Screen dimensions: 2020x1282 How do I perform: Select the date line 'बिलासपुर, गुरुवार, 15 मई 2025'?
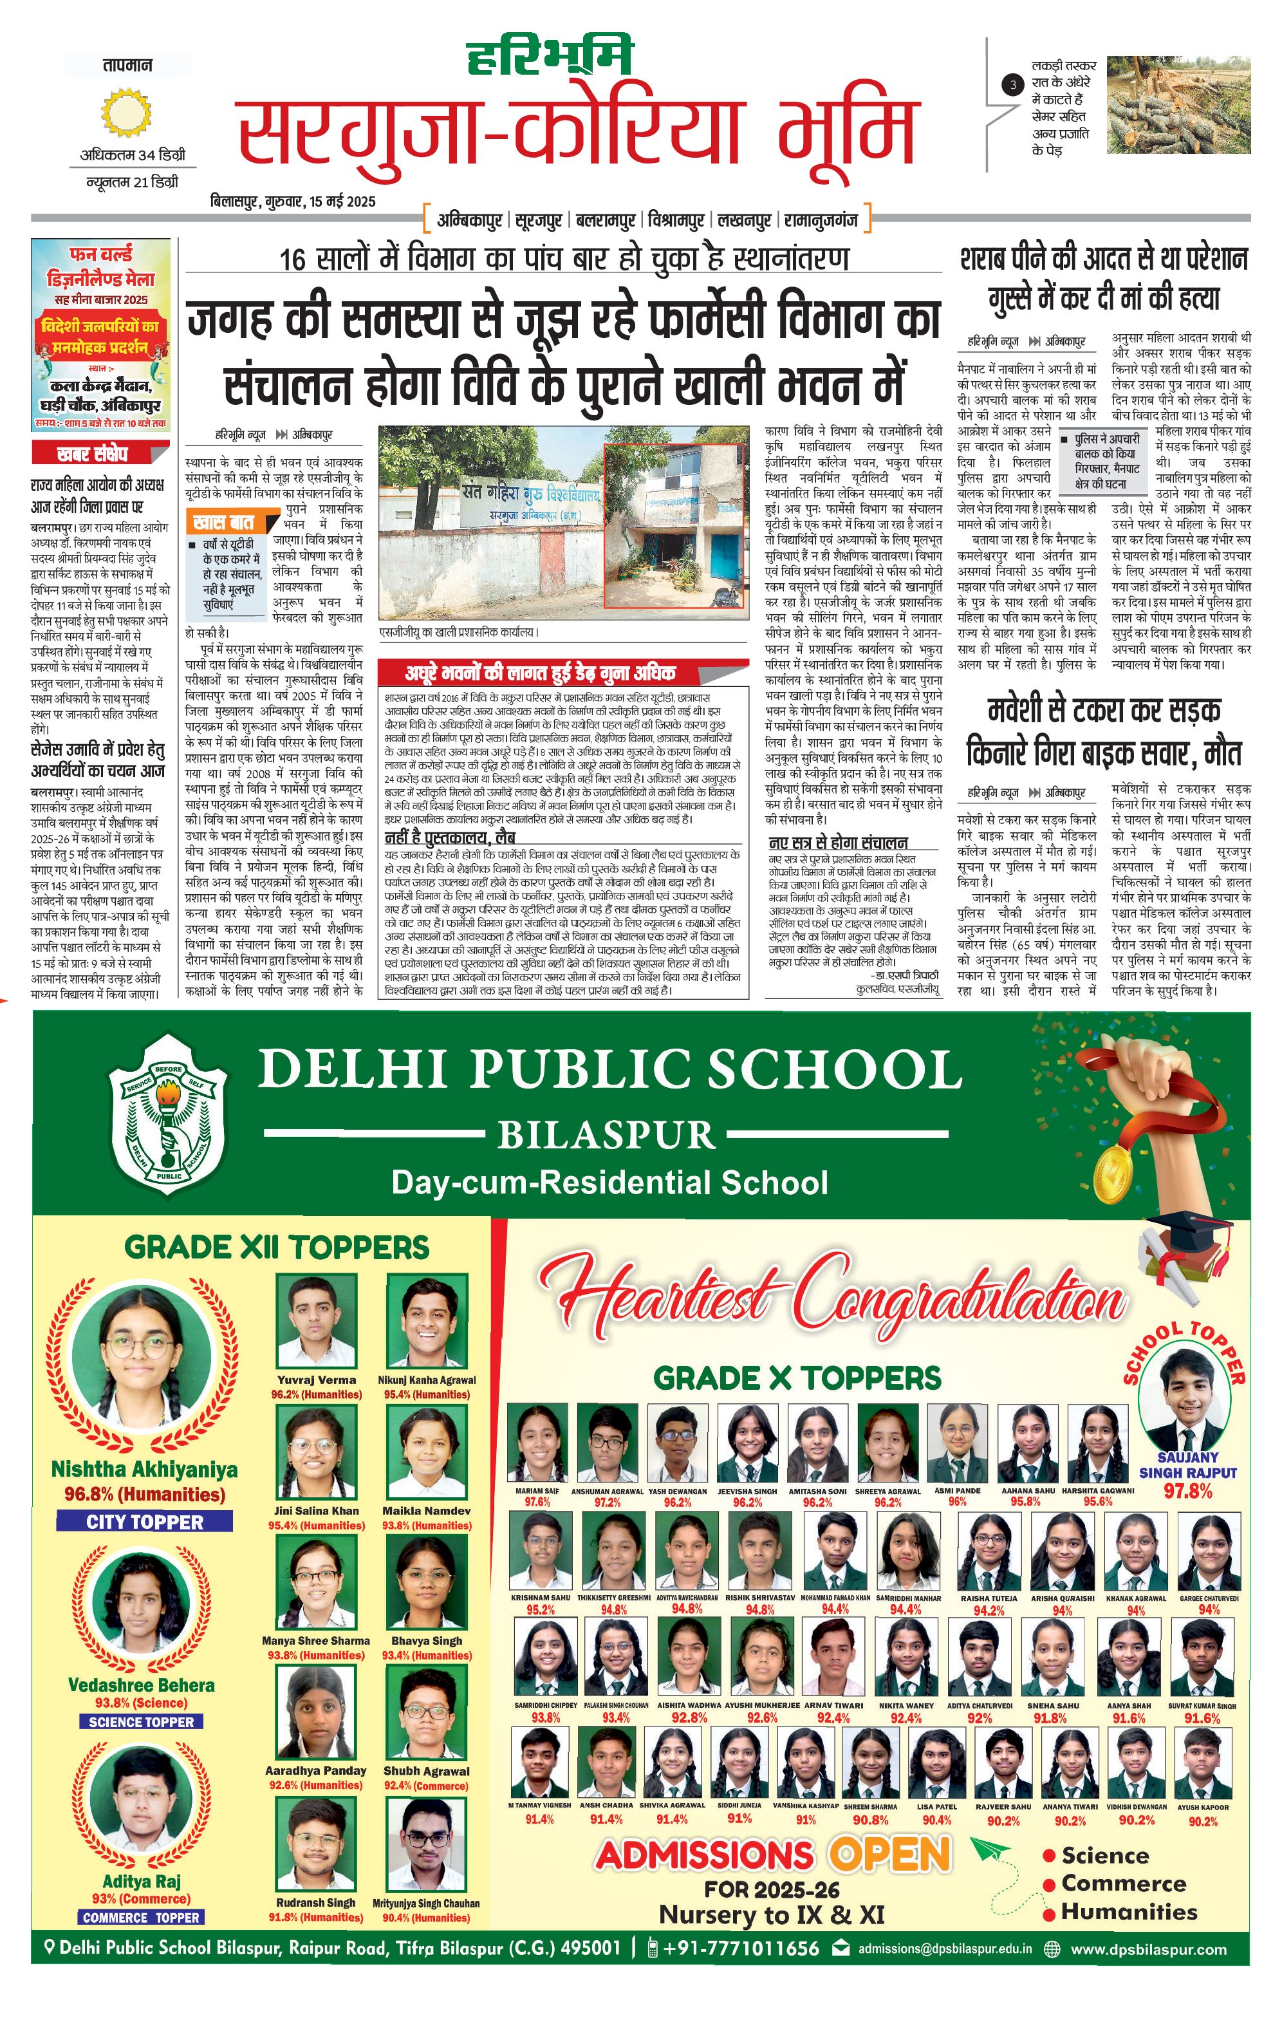pyautogui.click(x=293, y=201)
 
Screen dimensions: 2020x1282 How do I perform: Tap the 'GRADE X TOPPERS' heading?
pyautogui.click(x=797, y=1378)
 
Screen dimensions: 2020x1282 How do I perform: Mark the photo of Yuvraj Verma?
pyautogui.click(x=316, y=1320)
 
